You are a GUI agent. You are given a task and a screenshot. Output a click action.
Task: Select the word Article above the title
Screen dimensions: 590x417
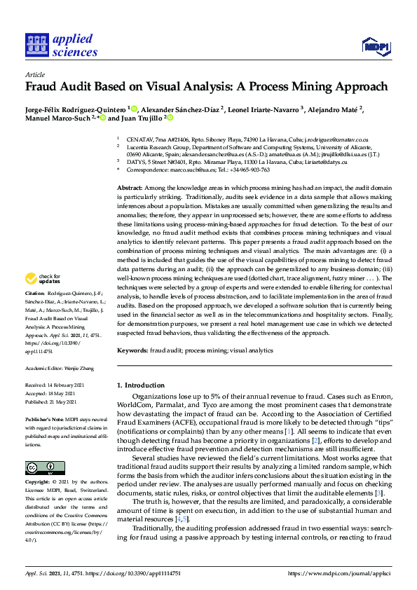tap(34, 74)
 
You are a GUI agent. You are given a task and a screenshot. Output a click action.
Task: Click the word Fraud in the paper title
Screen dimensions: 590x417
tap(43, 88)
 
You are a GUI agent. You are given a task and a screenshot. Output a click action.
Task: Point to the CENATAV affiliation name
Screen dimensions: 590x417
tap(142, 140)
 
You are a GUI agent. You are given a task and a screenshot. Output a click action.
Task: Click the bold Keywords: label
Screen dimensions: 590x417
tap(132, 349)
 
